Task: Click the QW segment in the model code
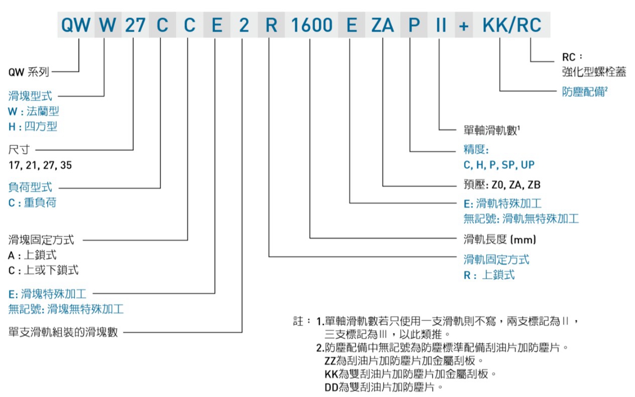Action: (x=76, y=25)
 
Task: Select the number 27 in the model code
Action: (x=135, y=25)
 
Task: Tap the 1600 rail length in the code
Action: (x=312, y=25)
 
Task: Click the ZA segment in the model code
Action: (x=382, y=25)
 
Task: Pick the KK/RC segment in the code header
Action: (x=512, y=25)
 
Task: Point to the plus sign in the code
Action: (x=463, y=26)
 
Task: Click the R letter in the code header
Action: (x=271, y=25)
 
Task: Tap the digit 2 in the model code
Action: (x=244, y=25)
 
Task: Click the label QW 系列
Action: (x=29, y=72)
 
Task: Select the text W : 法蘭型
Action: (x=34, y=111)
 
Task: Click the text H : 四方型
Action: (x=33, y=126)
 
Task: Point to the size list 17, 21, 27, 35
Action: (x=40, y=165)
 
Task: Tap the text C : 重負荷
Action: (x=32, y=203)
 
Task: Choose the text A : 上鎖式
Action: (x=32, y=255)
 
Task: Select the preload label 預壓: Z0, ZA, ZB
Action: (x=502, y=184)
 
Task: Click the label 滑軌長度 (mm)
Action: (x=499, y=239)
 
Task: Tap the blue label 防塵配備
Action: (x=584, y=92)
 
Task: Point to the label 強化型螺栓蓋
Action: (x=594, y=72)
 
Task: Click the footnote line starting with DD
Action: (x=384, y=387)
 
